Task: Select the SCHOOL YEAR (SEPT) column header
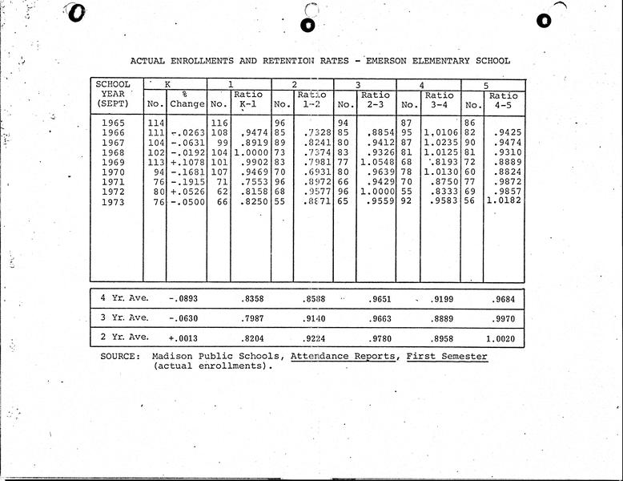click(113, 94)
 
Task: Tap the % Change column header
click(187, 99)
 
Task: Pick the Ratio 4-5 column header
click(503, 99)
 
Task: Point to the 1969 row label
click(114, 161)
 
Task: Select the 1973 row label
click(114, 202)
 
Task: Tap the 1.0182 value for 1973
click(503, 202)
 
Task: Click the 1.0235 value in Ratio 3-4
click(439, 141)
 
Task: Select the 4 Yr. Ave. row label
click(124, 298)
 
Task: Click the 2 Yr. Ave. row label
click(124, 338)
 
